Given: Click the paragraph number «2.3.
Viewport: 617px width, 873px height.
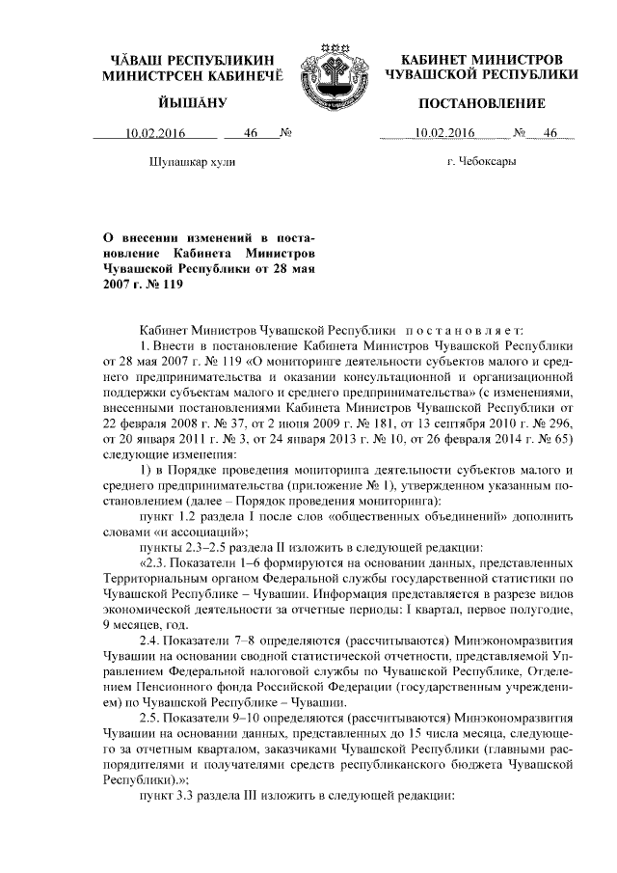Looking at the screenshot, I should click(x=159, y=562).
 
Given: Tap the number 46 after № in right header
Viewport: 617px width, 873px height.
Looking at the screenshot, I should click(x=552, y=134).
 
